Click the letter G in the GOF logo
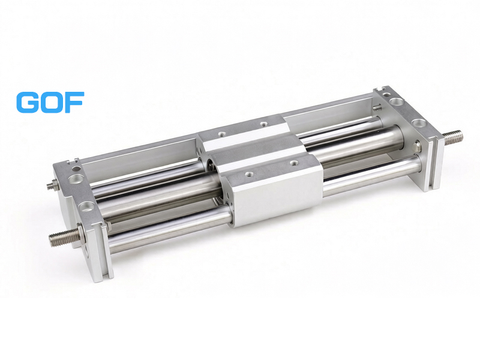pos(27,102)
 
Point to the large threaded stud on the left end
pos(64,236)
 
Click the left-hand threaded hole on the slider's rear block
pos(221,134)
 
